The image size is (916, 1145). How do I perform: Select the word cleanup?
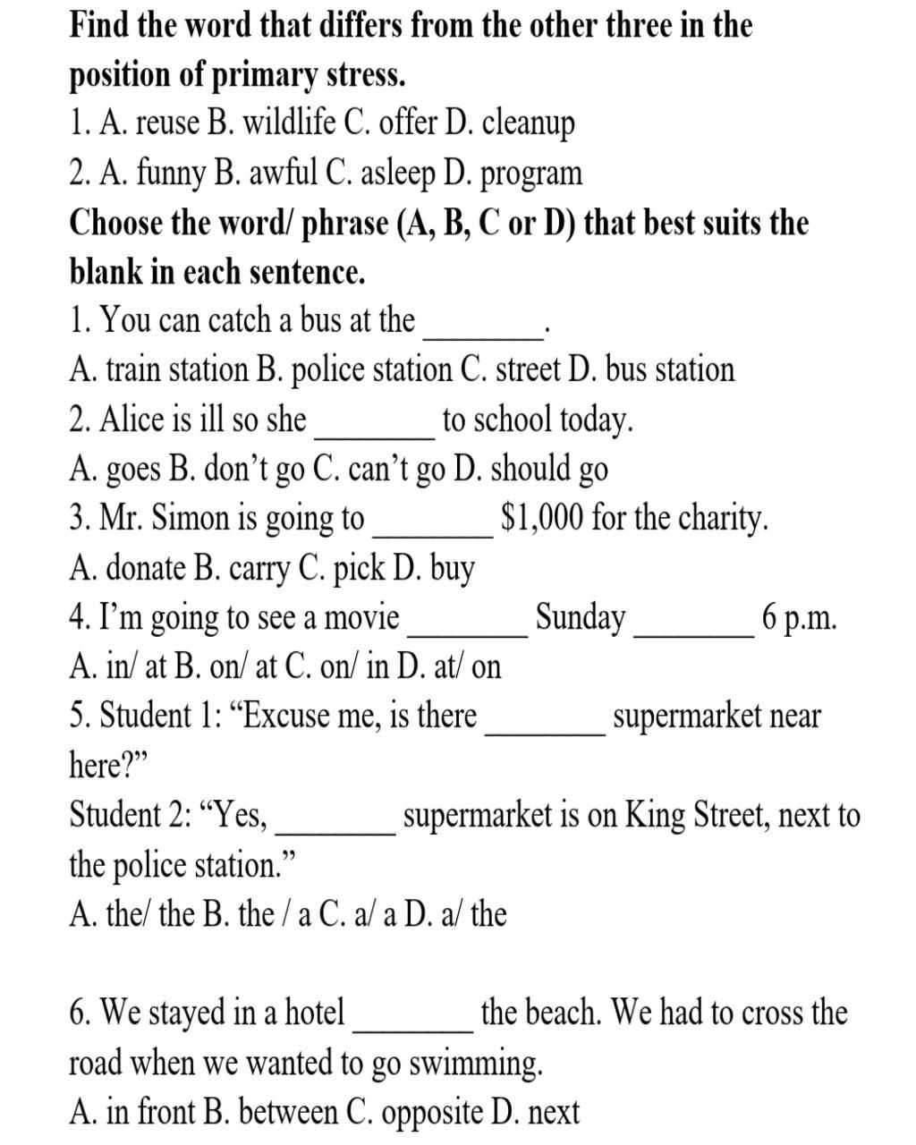pos(528,124)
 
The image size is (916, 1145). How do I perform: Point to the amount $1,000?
pos(542,518)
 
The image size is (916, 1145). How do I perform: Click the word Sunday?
pos(581,617)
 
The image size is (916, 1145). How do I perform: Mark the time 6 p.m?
pos(800,618)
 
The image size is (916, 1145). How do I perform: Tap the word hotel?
pos(314,1013)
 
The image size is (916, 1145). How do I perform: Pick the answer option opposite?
pos(432,1112)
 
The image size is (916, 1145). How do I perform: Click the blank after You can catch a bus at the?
pos(484,332)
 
